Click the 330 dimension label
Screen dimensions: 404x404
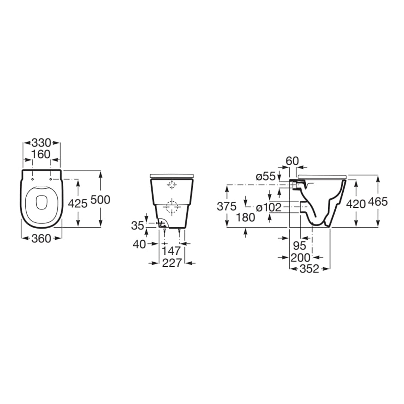click(x=41, y=143)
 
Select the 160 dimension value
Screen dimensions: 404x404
click(x=41, y=155)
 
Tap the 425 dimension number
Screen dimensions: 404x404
click(x=77, y=203)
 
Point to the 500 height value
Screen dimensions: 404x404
click(x=100, y=200)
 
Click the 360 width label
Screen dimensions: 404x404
click(x=41, y=239)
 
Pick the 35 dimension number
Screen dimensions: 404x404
click(x=138, y=226)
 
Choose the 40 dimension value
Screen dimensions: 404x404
click(x=139, y=244)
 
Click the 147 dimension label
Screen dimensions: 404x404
click(x=171, y=251)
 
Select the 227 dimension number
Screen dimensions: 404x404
click(x=172, y=263)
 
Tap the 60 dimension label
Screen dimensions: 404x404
click(x=292, y=161)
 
